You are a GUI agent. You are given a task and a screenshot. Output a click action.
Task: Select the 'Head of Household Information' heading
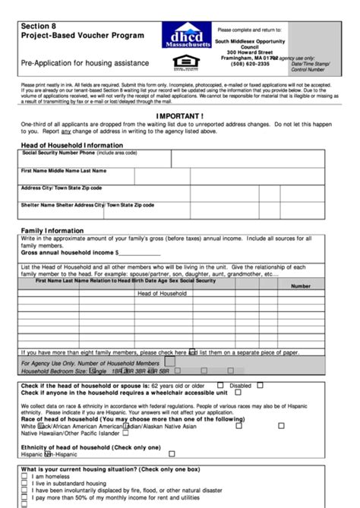point(71,144)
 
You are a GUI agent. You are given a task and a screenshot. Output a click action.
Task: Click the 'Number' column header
point(301,286)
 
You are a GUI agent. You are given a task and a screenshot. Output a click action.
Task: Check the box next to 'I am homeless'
point(25,477)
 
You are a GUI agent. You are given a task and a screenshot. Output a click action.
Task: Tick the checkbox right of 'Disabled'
point(257,386)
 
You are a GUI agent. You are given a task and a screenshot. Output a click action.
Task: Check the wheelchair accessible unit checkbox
point(238,393)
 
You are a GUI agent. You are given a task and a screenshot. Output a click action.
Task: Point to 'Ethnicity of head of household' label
point(68,447)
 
